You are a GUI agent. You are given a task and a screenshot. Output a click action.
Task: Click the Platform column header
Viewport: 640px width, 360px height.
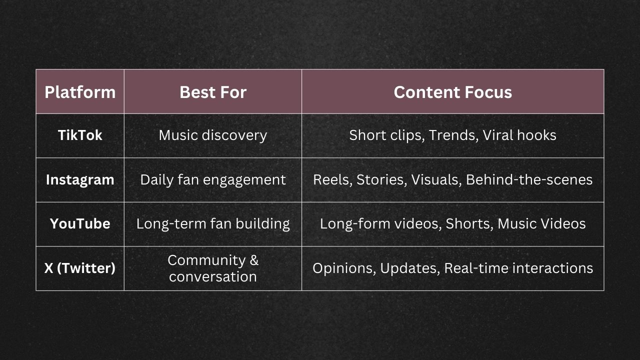coord(80,92)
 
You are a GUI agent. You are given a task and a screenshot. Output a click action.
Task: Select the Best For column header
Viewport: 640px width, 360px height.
coord(213,92)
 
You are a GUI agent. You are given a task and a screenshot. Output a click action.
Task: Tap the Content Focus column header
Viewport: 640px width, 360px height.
coord(452,92)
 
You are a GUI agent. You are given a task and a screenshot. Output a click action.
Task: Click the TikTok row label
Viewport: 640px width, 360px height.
coord(80,135)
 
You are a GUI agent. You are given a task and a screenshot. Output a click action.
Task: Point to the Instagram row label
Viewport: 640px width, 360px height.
coord(80,179)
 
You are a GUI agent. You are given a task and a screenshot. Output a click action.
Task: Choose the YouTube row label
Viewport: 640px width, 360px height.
coord(80,223)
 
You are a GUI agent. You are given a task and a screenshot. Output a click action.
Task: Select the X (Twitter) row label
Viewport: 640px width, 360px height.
coord(80,268)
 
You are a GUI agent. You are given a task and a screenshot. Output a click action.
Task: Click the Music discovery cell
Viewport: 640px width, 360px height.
coord(213,135)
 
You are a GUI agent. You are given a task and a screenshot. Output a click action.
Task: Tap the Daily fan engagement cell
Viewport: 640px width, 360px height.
coord(213,179)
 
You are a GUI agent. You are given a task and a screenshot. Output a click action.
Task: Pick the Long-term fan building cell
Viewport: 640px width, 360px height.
coord(213,223)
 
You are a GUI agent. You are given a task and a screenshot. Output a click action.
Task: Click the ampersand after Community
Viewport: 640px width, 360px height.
coord(253,260)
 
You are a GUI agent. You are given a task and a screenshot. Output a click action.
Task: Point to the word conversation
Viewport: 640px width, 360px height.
coord(213,276)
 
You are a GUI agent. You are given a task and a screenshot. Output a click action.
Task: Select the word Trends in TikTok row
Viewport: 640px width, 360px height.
coord(452,135)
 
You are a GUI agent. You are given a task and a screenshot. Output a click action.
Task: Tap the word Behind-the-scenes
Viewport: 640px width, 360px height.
coord(529,179)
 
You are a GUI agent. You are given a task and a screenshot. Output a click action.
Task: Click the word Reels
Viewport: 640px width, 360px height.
coord(331,179)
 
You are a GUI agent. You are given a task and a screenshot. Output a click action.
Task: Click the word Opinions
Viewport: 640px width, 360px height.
coord(343,268)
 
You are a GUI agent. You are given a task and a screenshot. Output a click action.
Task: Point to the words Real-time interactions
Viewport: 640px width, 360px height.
coord(518,268)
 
